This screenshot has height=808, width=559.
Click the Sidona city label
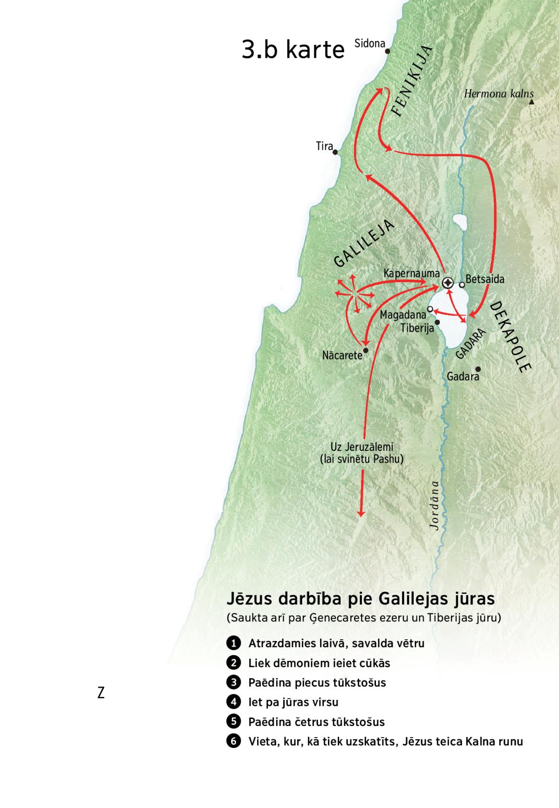point(369,44)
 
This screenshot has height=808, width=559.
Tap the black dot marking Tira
point(335,152)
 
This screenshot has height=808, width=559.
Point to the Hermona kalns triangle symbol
point(531,102)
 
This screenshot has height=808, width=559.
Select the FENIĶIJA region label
point(412,82)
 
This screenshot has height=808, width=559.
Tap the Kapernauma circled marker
point(448,283)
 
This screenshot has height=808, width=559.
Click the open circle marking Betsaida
point(462,284)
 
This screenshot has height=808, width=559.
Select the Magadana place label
point(402,315)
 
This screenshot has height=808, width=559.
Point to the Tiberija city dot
point(437,322)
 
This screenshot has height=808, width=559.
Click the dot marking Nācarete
point(366,350)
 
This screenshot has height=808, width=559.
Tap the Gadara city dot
point(477,369)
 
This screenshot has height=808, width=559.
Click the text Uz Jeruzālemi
point(361,447)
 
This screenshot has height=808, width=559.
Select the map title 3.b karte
point(293,49)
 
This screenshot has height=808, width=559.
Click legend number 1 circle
point(233,643)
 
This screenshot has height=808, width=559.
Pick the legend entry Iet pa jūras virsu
point(293,702)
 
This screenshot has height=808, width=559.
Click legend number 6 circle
point(233,741)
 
